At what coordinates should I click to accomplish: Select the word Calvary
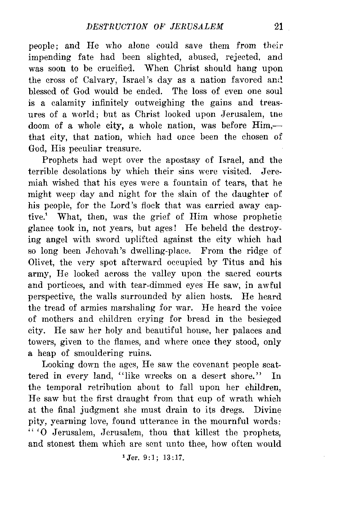(x=92, y=80)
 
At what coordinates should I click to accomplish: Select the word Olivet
(x=40, y=262)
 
